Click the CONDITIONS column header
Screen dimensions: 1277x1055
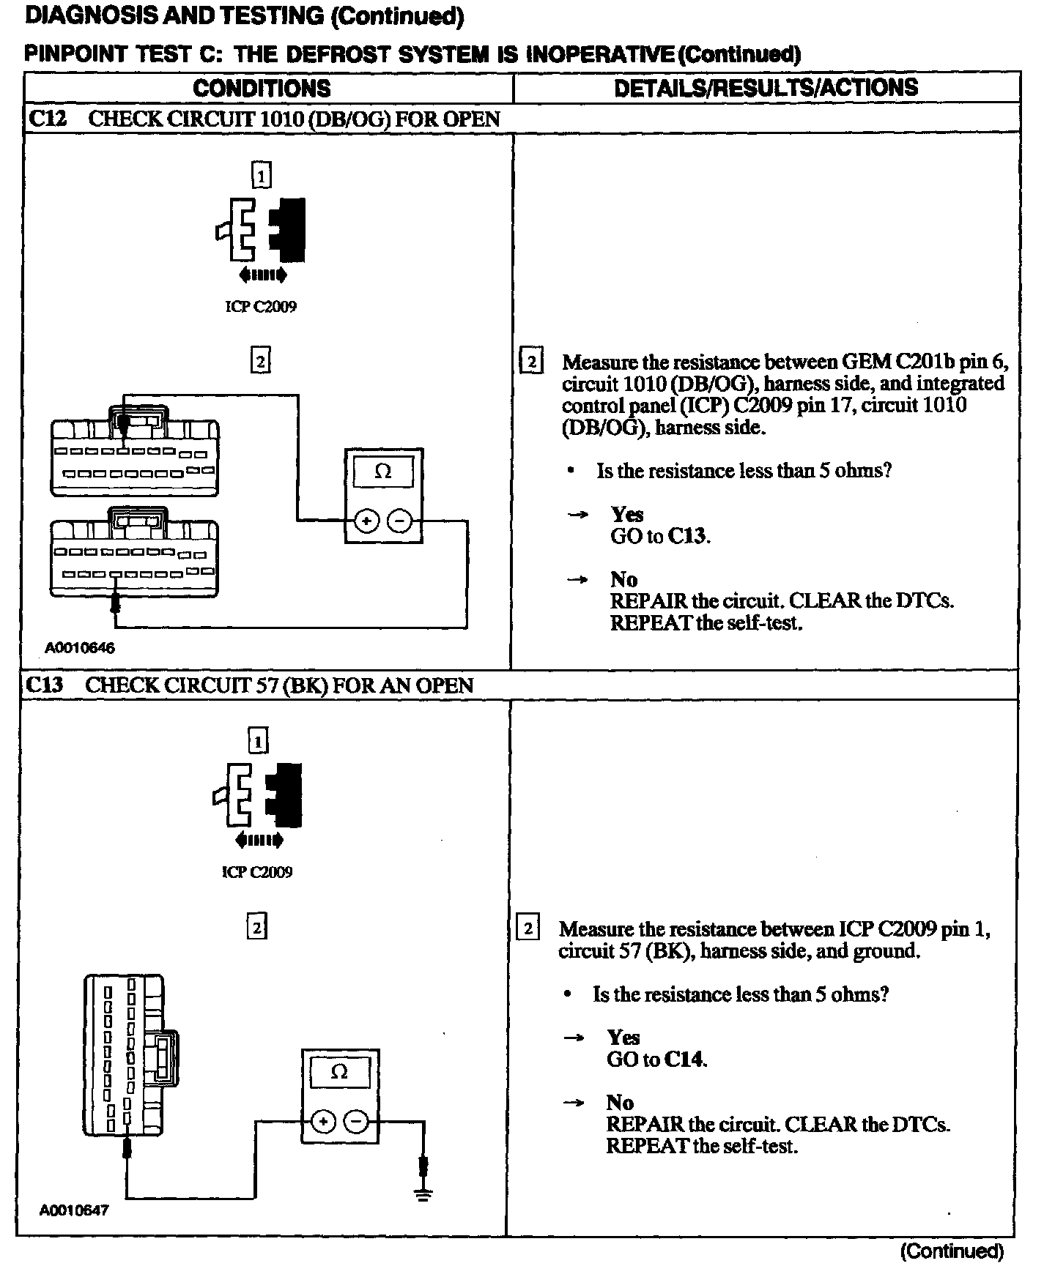(262, 89)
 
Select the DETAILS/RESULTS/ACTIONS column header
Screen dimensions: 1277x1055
(766, 88)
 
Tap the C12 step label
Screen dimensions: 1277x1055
(47, 119)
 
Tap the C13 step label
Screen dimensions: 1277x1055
(44, 685)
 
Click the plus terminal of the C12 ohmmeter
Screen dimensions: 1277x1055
(366, 521)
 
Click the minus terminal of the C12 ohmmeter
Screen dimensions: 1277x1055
(399, 521)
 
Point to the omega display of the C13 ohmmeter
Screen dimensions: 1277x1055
(339, 1073)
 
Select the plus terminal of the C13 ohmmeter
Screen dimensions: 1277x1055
(323, 1122)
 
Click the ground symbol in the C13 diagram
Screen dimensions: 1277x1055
(423, 1195)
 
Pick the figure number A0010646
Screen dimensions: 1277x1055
(80, 648)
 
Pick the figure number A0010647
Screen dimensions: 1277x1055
(74, 1210)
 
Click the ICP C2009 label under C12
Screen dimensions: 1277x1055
(261, 307)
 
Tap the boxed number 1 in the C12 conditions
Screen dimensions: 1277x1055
(261, 176)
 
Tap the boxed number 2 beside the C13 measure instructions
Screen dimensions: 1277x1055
(527, 928)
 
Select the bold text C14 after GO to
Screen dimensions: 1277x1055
(685, 1060)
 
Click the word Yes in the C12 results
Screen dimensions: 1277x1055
(627, 514)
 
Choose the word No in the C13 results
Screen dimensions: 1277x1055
(620, 1102)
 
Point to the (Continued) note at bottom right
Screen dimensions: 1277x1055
(951, 1251)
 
